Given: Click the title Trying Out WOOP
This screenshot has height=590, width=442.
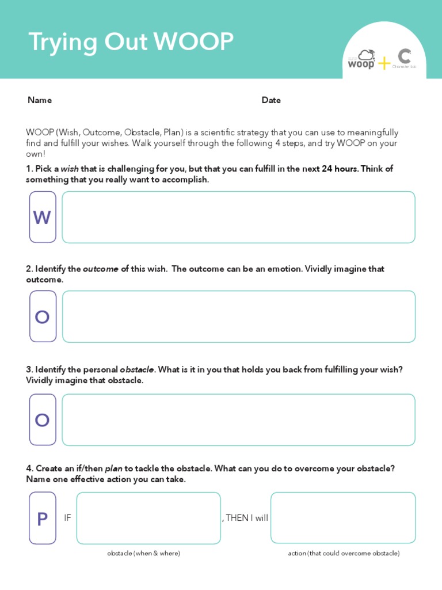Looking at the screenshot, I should pyautogui.click(x=131, y=43).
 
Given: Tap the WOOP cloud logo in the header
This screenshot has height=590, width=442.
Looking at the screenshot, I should pyautogui.click(x=362, y=59).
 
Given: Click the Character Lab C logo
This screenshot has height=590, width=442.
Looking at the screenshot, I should pyautogui.click(x=404, y=58).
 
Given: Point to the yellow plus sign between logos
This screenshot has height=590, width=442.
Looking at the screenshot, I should pyautogui.click(x=384, y=63).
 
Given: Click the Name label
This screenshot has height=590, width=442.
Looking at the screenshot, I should pyautogui.click(x=40, y=100).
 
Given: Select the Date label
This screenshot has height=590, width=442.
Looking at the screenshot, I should pyautogui.click(x=271, y=100).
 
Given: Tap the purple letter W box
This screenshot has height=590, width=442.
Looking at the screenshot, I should pyautogui.click(x=43, y=217).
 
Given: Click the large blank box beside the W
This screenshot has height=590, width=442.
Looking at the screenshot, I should pyautogui.click(x=238, y=217).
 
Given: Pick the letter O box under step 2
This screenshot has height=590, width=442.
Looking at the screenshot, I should pyautogui.click(x=43, y=316).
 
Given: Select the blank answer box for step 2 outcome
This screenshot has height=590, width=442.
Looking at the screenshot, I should pyautogui.click(x=238, y=316).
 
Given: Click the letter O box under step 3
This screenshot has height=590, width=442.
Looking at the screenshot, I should pyautogui.click(x=43, y=420).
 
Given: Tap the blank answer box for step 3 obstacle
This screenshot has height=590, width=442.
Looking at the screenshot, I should pyautogui.click(x=238, y=420).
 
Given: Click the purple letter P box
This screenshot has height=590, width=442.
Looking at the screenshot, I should pyautogui.click(x=43, y=519).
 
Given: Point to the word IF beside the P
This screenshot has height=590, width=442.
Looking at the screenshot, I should pyautogui.click(x=67, y=518).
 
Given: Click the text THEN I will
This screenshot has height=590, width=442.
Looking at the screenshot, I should pyautogui.click(x=246, y=518).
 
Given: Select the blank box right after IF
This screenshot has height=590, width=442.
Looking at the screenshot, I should pyautogui.click(x=148, y=518).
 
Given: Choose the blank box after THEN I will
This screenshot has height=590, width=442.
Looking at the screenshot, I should pyautogui.click(x=343, y=518).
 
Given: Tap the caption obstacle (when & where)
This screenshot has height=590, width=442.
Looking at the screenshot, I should pyautogui.click(x=143, y=553).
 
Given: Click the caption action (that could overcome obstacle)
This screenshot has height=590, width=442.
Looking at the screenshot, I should pyautogui.click(x=344, y=553).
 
